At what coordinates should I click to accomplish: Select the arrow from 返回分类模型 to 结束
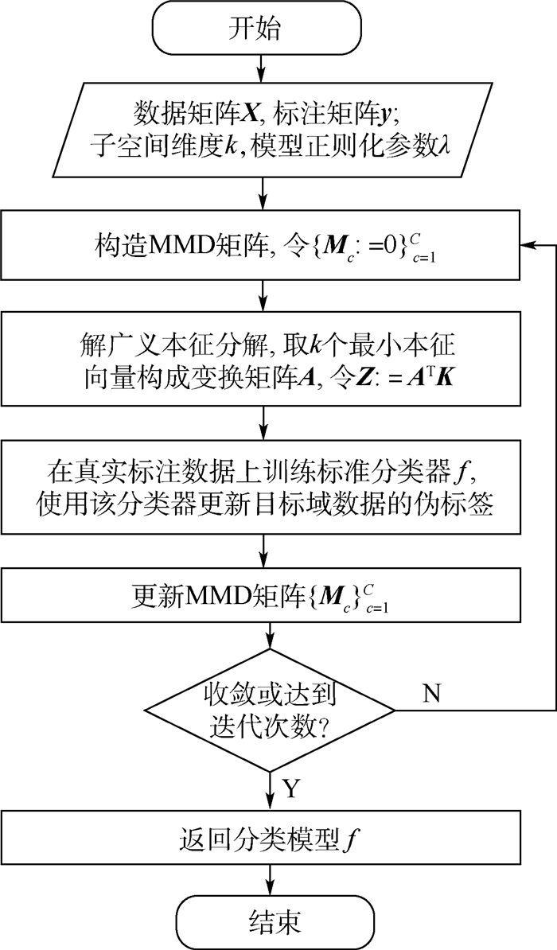tap(272, 879)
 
